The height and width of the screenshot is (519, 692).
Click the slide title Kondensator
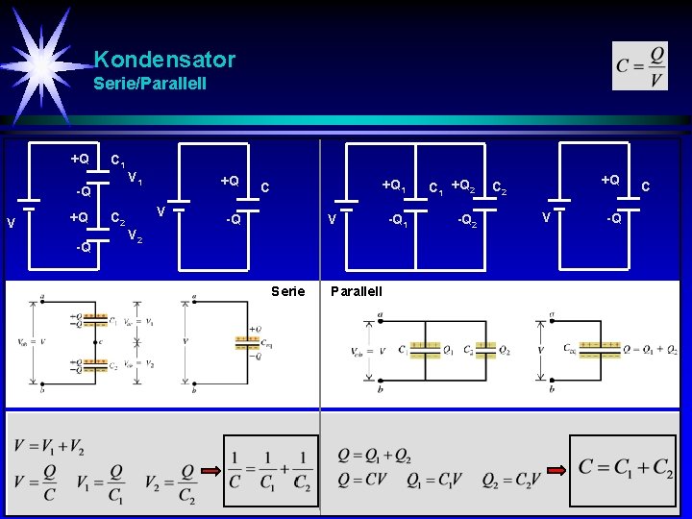click(x=164, y=60)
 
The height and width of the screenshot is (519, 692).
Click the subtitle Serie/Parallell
click(x=150, y=85)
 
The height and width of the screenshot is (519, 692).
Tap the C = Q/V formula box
click(x=640, y=66)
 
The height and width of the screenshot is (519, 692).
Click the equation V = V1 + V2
click(x=48, y=446)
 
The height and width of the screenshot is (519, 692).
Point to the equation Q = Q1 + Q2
click(x=375, y=455)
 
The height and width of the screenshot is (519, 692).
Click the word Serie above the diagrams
click(x=288, y=291)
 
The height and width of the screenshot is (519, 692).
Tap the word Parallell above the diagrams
click(x=356, y=291)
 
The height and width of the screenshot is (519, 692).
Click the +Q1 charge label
click(x=394, y=185)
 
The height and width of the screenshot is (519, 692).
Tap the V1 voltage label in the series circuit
click(x=136, y=178)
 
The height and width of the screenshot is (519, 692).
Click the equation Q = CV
click(x=369, y=480)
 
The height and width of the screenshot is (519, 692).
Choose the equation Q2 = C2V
click(x=510, y=480)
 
